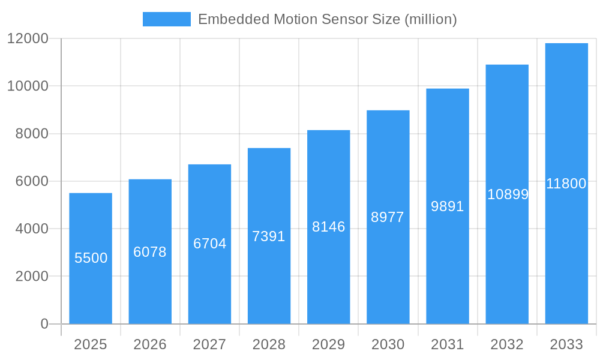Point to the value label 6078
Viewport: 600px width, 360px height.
[x=150, y=252]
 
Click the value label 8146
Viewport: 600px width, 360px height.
[x=328, y=227]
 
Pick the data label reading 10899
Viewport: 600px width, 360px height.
[x=508, y=194]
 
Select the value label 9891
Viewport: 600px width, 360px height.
[x=448, y=206]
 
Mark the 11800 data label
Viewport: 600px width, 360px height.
[x=566, y=184]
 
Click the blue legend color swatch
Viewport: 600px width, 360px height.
[x=166, y=19]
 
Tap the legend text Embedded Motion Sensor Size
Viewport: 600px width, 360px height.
[x=327, y=19]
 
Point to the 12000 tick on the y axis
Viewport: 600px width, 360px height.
[x=28, y=38]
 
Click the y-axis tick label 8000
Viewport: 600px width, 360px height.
[x=31, y=134]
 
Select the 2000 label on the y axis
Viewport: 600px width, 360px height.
[x=31, y=277]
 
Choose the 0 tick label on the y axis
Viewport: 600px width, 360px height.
[x=44, y=324]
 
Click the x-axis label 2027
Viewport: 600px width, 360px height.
[x=209, y=344]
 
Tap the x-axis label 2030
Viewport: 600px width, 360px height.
[x=388, y=344]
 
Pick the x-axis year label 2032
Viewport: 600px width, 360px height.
[x=507, y=344]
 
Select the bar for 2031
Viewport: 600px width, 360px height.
[x=448, y=270]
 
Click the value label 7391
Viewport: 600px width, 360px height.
[x=269, y=236]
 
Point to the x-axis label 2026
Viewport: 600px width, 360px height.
[x=150, y=344]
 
